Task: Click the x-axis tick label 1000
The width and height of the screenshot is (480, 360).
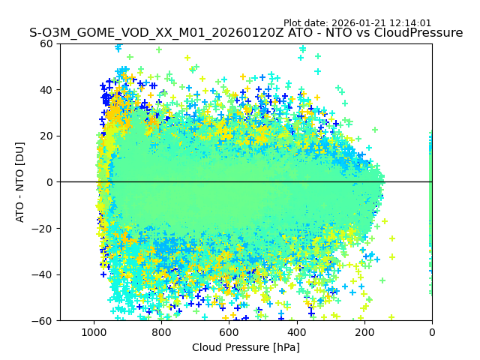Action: (94, 332)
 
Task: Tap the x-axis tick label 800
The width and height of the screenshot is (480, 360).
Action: (161, 332)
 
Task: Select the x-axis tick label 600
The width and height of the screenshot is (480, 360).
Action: (229, 332)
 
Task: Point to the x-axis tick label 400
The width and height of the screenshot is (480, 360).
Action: (296, 332)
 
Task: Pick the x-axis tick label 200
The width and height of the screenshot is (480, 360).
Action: (364, 332)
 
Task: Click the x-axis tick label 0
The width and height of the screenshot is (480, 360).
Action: (431, 332)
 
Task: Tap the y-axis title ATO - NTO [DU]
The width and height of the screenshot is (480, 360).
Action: (20, 182)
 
